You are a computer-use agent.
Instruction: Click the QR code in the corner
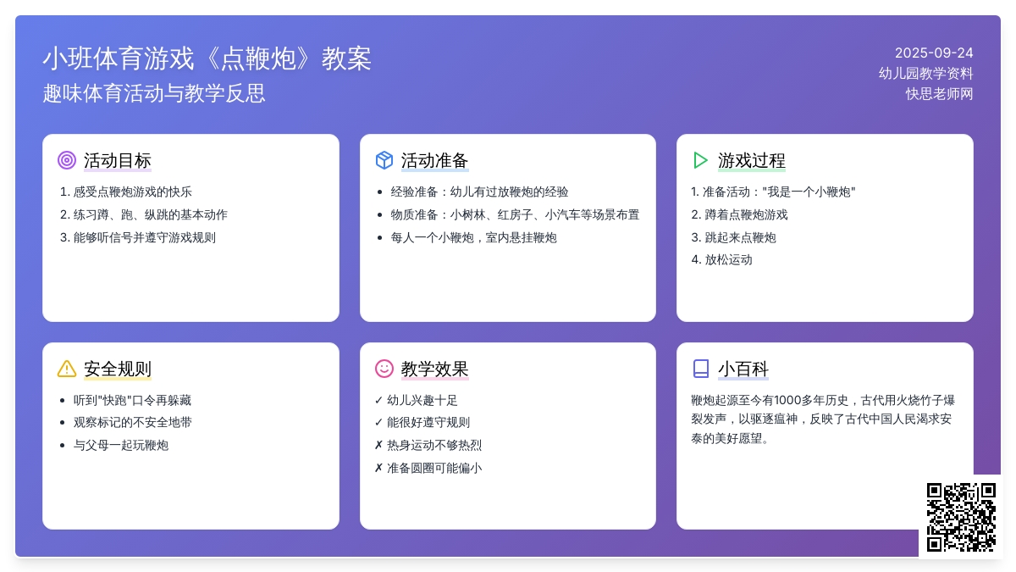tap(961, 517)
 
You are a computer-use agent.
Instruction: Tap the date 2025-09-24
tap(934, 53)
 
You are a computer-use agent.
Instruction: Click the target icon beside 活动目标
tap(67, 160)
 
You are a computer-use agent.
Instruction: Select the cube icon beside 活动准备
tap(384, 160)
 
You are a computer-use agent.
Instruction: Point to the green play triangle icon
tap(700, 160)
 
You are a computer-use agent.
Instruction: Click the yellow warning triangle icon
tap(67, 369)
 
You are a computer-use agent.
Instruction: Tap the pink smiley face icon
tap(384, 368)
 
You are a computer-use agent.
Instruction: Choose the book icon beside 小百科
tap(701, 369)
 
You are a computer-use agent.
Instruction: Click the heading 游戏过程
tap(751, 161)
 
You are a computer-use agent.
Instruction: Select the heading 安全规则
tap(118, 369)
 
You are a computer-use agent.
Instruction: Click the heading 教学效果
tap(434, 369)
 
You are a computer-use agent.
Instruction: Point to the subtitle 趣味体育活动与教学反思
tap(154, 93)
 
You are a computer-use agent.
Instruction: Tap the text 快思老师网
tap(939, 94)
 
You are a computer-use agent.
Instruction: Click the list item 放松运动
tap(728, 259)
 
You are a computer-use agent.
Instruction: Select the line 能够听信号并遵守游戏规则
tap(144, 237)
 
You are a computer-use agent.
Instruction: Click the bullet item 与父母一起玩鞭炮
tap(120, 445)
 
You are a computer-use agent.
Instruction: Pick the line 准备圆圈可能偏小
tap(434, 468)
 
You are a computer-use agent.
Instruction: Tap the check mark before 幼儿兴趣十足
tap(378, 400)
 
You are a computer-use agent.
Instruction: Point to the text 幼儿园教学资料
tap(925, 74)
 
